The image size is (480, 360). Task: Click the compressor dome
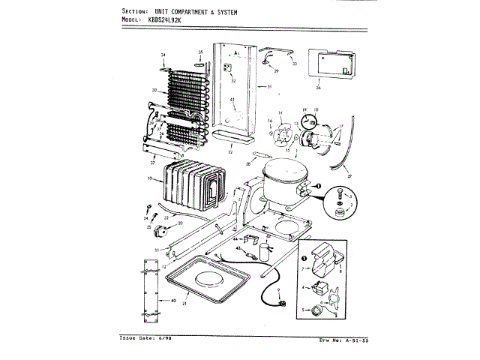click(x=281, y=181)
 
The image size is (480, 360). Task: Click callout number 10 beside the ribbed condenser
click(x=150, y=178)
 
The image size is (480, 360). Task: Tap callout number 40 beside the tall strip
click(x=173, y=300)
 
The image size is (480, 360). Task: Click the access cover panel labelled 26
click(x=329, y=67)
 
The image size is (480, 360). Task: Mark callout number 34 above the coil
click(x=162, y=55)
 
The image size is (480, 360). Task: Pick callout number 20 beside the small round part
click(x=178, y=223)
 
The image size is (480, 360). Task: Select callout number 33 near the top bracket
click(x=294, y=64)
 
